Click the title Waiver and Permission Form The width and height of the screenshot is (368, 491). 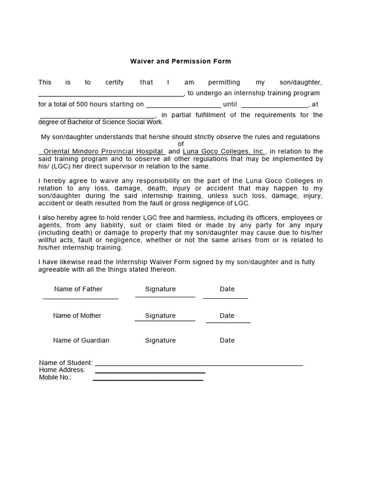(x=181, y=61)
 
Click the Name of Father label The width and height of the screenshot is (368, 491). (x=78, y=289)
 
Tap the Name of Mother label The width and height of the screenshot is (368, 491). (x=77, y=316)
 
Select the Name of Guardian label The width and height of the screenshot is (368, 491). (x=81, y=340)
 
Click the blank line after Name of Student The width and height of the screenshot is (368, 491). (x=199, y=365)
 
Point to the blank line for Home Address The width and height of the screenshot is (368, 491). (x=150, y=373)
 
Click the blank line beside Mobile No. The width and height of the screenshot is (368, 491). (x=148, y=380)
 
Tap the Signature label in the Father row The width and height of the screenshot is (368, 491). (x=161, y=289)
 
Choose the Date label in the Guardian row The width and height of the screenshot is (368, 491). (x=227, y=340)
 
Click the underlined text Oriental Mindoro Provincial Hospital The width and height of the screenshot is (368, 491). (x=103, y=152)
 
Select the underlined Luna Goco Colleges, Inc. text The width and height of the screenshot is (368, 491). (x=224, y=152)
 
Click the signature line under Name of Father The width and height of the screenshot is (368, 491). (x=80, y=299)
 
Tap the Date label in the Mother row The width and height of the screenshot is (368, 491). (x=227, y=316)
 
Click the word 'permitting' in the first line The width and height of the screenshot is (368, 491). (x=224, y=82)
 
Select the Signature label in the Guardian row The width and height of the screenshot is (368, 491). (x=161, y=340)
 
